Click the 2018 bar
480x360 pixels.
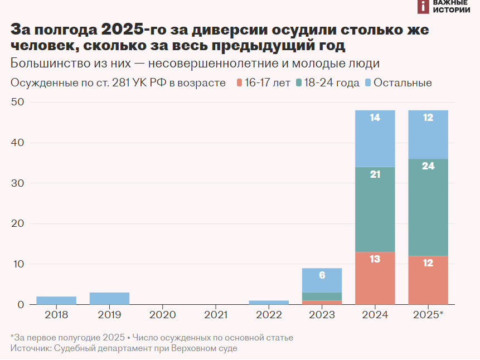point(56,300)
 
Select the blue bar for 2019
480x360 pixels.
point(109,298)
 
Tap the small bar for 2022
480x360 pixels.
point(269,303)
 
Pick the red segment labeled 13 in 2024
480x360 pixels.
point(375,278)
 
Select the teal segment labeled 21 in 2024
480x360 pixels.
point(375,210)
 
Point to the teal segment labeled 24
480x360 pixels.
point(428,207)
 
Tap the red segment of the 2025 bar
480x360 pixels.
point(428,280)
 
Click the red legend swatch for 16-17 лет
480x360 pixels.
point(240,83)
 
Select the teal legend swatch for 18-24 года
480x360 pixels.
point(299,83)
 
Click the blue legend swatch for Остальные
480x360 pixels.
point(367,83)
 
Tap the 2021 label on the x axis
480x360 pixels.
point(215,315)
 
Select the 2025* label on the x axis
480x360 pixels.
point(428,315)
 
